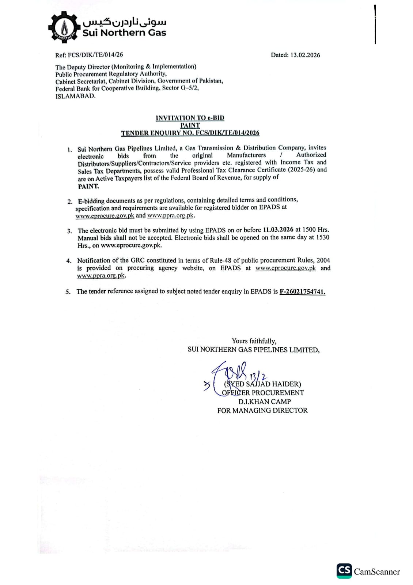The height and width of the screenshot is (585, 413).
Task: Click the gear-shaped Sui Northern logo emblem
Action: click(x=64, y=27)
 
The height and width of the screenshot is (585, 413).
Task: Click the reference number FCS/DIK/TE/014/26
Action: click(x=95, y=55)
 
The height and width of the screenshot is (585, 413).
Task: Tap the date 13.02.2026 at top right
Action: click(x=305, y=55)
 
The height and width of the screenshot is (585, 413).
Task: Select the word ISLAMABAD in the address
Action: click(x=75, y=96)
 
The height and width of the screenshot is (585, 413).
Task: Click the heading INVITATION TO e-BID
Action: click(x=190, y=118)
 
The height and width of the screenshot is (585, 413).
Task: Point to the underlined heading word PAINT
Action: click(x=190, y=125)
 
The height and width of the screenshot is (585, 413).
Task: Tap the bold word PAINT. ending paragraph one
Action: click(x=88, y=186)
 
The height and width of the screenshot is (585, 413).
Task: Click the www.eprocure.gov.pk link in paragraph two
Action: click(x=105, y=216)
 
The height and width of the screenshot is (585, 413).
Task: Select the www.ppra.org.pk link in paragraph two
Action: click(x=171, y=216)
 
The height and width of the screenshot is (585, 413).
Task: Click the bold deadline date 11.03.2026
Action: click(x=278, y=230)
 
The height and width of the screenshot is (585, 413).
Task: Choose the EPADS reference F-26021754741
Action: click(x=302, y=292)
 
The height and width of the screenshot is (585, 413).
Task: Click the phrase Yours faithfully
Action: click(x=254, y=341)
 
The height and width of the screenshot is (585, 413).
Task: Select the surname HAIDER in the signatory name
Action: click(x=287, y=384)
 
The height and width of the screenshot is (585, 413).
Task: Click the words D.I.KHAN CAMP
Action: click(x=265, y=402)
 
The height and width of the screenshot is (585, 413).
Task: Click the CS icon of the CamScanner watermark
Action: click(x=344, y=571)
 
